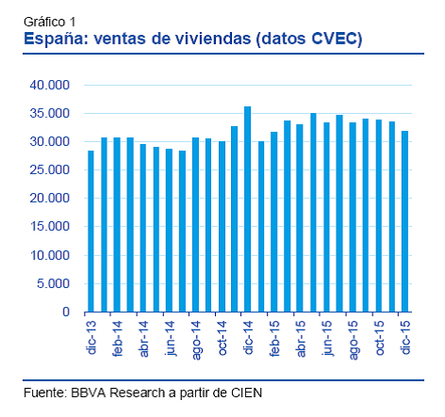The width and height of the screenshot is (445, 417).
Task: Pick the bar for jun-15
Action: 326,217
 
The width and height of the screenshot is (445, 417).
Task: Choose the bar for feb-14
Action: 117,225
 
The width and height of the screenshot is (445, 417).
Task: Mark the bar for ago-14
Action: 195,225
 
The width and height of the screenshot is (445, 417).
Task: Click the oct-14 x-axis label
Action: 222,336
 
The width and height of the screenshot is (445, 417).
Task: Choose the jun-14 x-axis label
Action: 169,336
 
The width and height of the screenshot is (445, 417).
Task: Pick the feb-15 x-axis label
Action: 273,336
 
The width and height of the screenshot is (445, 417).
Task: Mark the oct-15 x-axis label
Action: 378,336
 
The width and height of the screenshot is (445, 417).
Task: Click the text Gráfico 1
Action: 48,21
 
